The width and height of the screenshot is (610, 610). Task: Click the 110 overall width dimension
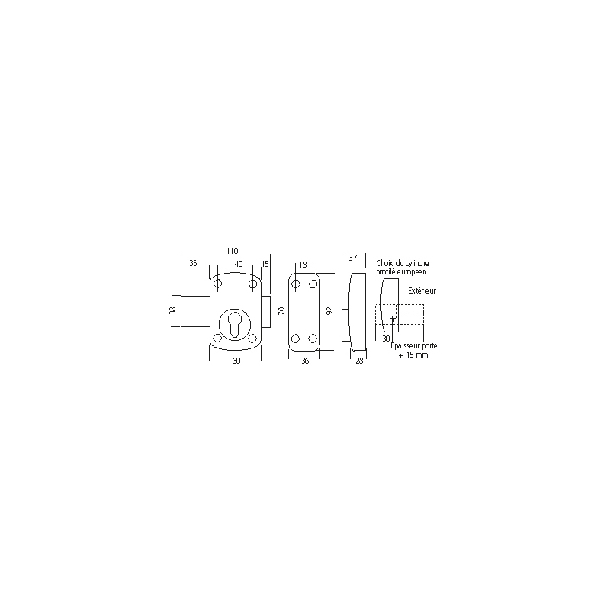coord(233,251)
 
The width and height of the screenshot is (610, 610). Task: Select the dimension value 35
coord(193,263)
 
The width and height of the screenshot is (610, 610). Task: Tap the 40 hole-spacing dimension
coord(239,264)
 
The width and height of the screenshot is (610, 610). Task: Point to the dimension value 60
coord(236,361)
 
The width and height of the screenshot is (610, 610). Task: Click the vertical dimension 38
coord(173,310)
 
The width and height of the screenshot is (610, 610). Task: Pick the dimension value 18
coord(303,265)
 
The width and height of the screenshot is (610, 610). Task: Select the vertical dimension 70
coord(282,311)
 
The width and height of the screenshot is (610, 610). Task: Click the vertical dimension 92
coord(330,311)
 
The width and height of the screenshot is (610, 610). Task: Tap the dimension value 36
coord(305,361)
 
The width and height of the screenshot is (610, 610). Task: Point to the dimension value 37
coord(353,258)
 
